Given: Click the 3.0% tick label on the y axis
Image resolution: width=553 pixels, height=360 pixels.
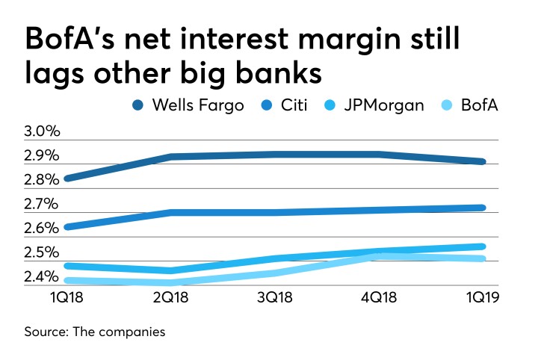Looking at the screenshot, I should (43, 132).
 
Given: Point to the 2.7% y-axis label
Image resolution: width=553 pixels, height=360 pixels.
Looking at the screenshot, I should (43, 204).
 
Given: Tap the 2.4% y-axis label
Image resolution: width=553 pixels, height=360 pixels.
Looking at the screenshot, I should (43, 277).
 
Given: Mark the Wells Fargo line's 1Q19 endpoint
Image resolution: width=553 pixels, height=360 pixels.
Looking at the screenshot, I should (482, 161).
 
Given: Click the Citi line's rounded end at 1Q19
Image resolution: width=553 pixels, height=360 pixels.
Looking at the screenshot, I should (482, 208).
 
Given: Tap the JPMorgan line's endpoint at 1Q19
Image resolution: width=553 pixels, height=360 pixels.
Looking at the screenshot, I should (482, 246).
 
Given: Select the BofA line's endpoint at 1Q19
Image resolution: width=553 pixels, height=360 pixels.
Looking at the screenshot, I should (482, 259).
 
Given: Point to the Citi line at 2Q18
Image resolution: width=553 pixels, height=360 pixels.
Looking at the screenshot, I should (172, 212).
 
